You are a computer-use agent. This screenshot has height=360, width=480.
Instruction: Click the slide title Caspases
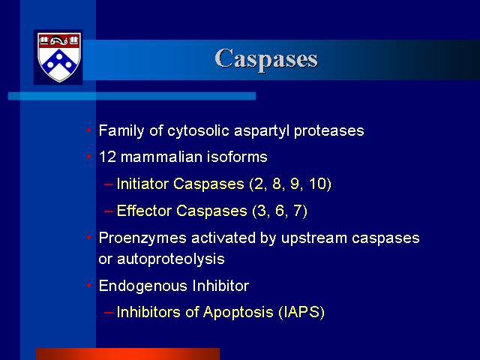(x=266, y=59)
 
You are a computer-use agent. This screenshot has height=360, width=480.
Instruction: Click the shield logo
(x=58, y=57)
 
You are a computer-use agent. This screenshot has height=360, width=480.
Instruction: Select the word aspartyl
(x=262, y=131)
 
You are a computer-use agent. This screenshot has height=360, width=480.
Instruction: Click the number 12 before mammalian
(x=107, y=157)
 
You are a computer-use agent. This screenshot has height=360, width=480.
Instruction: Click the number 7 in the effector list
(x=298, y=211)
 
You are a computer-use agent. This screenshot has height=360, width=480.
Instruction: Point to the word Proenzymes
(x=142, y=238)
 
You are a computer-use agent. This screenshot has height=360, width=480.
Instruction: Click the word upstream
(x=314, y=238)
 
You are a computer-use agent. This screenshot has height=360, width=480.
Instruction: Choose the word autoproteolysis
(x=171, y=259)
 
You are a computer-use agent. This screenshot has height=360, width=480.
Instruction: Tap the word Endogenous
(x=143, y=286)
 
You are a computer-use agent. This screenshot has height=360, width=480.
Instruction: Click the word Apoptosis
(x=238, y=313)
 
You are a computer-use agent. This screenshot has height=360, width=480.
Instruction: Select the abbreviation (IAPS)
(x=301, y=312)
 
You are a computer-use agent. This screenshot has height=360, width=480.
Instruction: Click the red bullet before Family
(x=89, y=130)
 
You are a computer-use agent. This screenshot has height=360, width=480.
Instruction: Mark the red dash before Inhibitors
(x=109, y=312)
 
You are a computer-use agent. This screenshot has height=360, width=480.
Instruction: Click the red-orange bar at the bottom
(x=128, y=354)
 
